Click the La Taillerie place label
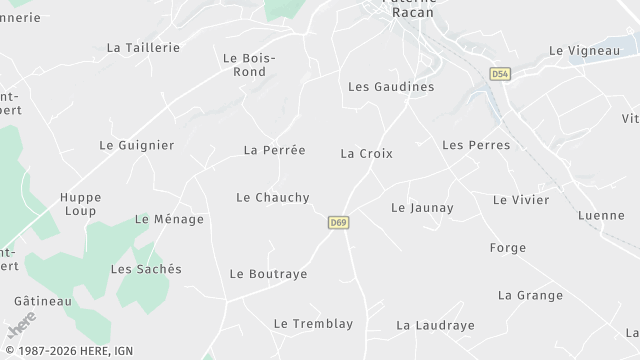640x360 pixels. pyautogui.click(x=143, y=47)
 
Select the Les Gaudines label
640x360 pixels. pyautogui.click(x=391, y=87)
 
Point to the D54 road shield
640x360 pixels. pyautogui.click(x=499, y=74)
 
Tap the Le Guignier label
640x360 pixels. pyautogui.click(x=136, y=145)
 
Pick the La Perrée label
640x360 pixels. pyautogui.click(x=274, y=150)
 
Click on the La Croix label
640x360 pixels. pyautogui.click(x=366, y=154)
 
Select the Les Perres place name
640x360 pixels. pyautogui.click(x=475, y=145)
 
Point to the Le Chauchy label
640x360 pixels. pyautogui.click(x=272, y=198)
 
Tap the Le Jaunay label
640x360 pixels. pyautogui.click(x=422, y=208)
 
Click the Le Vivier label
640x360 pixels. pyautogui.click(x=521, y=200)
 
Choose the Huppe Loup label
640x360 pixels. pyautogui.click(x=79, y=204)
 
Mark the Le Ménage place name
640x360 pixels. pyautogui.click(x=169, y=219)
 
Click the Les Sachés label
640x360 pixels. pyautogui.click(x=146, y=269)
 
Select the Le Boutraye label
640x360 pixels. pyautogui.click(x=268, y=274)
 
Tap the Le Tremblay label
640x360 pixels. pyautogui.click(x=313, y=324)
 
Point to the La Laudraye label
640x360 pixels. pyautogui.click(x=435, y=325)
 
